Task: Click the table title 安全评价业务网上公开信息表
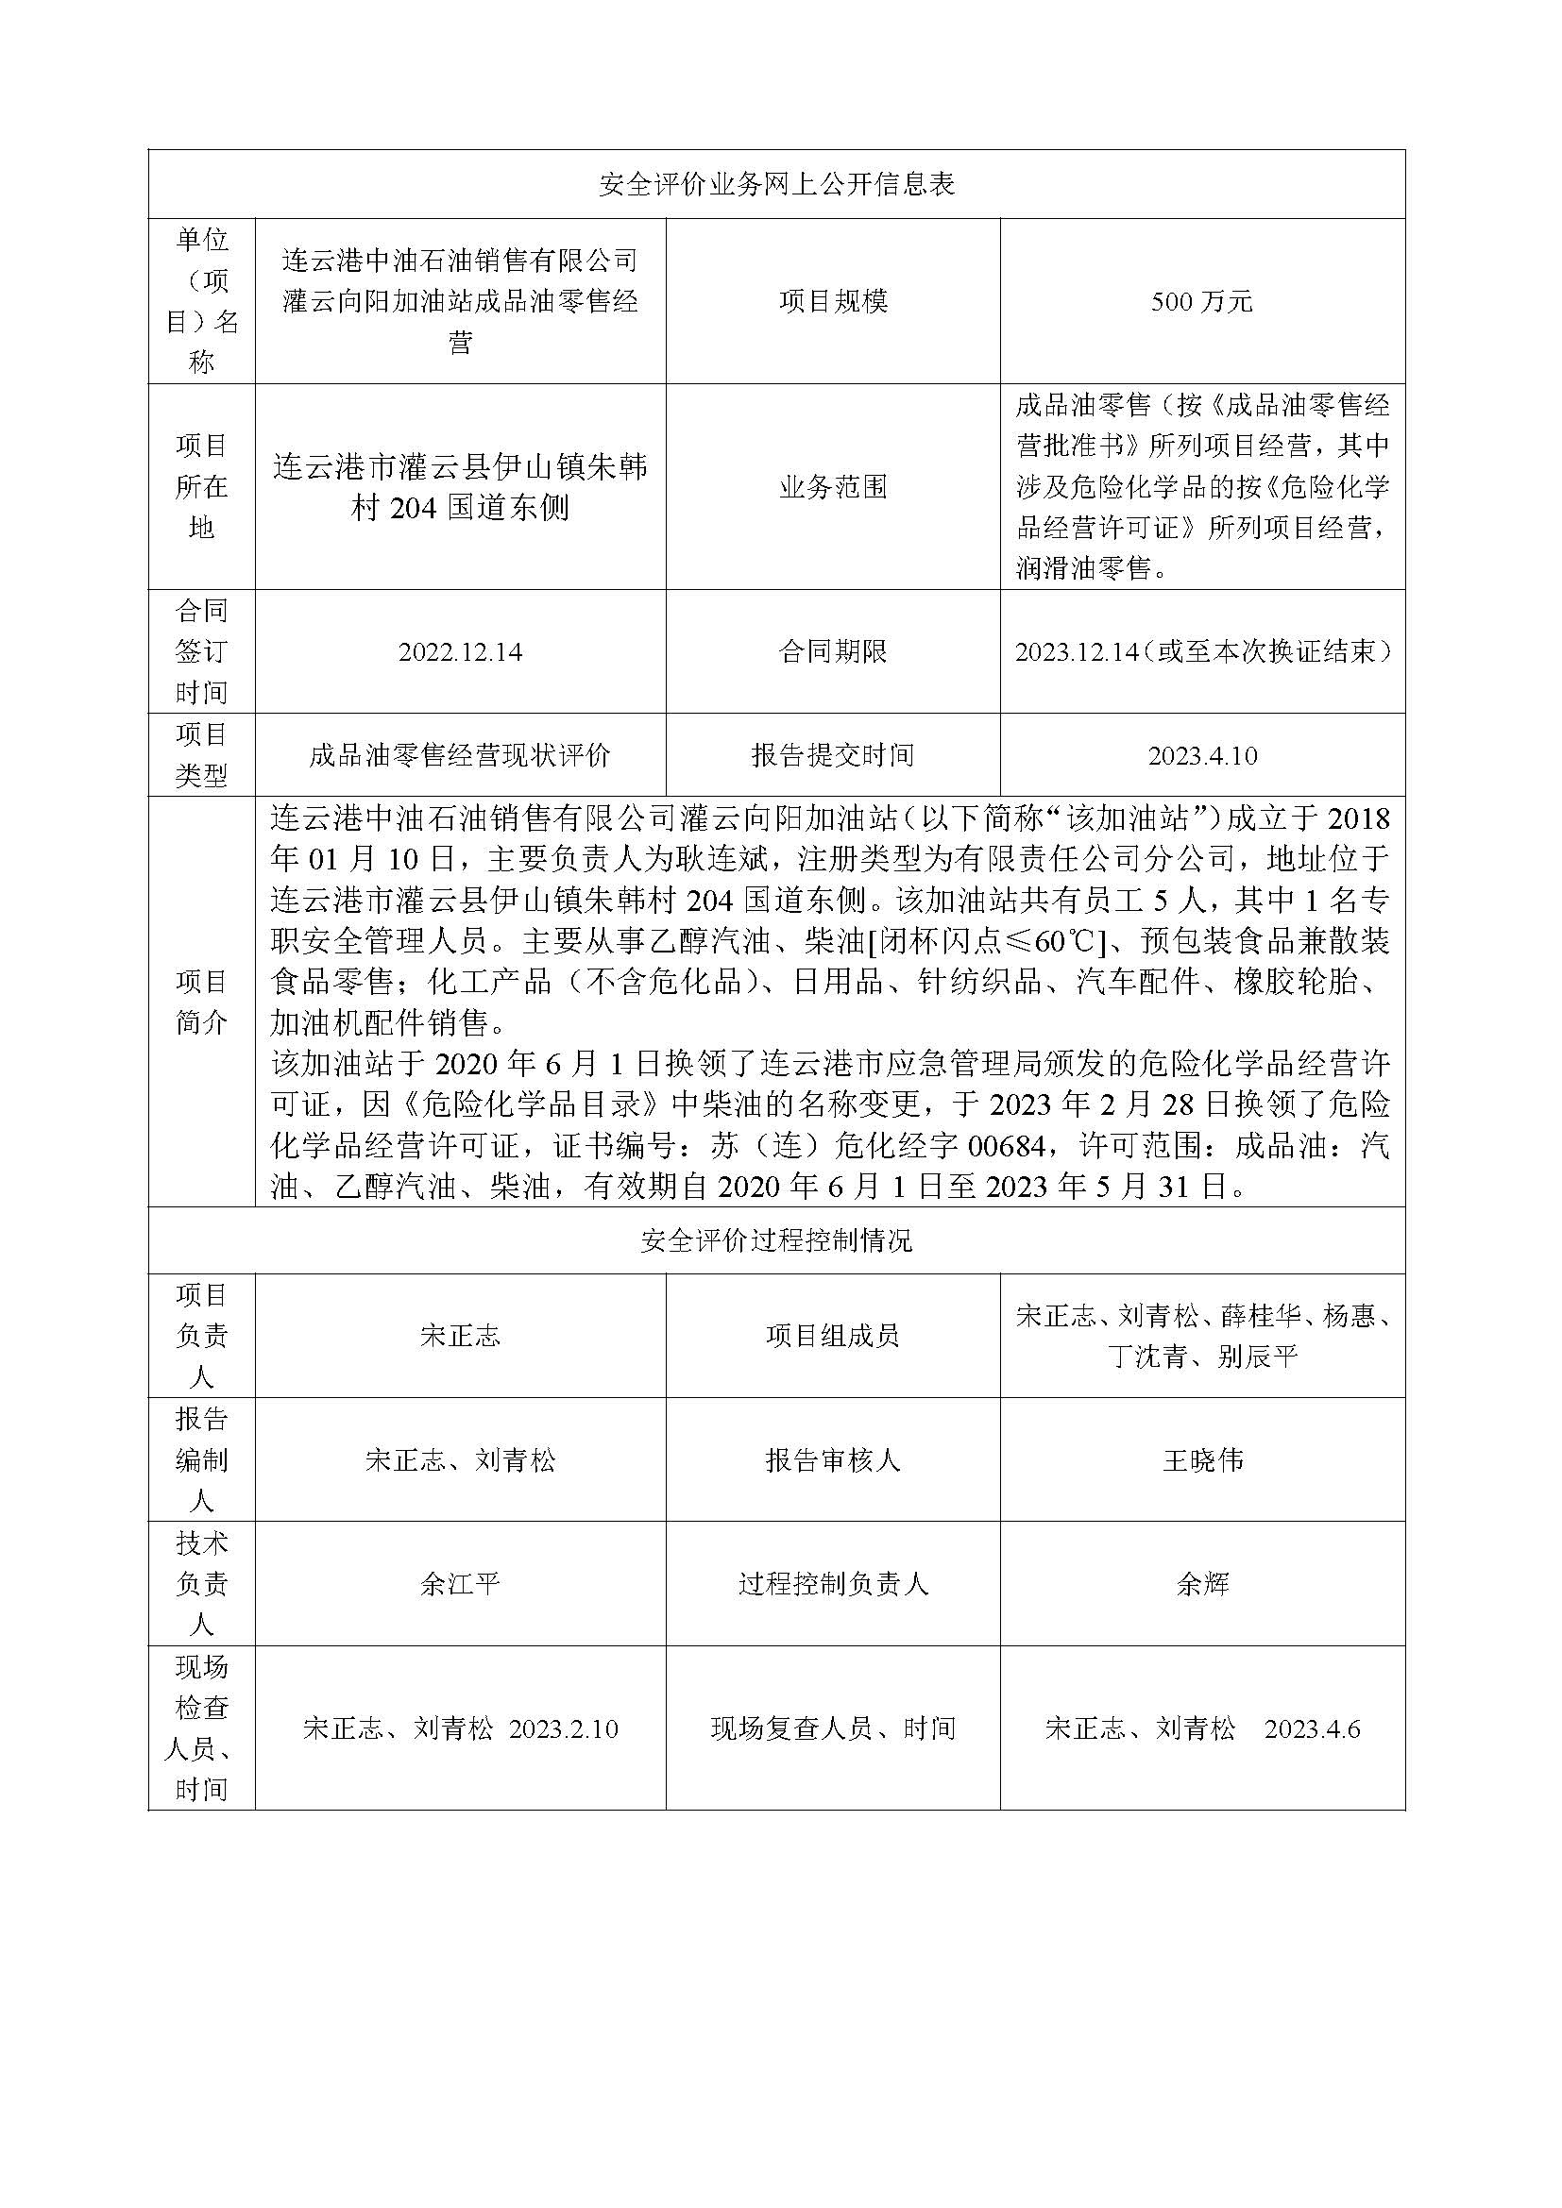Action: (x=776, y=184)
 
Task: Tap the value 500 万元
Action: (x=1201, y=302)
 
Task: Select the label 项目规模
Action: (x=833, y=302)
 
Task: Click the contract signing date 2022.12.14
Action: (x=460, y=652)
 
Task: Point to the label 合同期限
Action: (x=833, y=652)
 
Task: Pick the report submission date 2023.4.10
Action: (x=1202, y=756)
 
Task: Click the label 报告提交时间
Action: (x=833, y=756)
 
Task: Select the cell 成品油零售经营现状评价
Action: (x=460, y=756)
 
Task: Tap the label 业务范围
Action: (x=833, y=487)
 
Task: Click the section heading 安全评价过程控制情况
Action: (x=776, y=1241)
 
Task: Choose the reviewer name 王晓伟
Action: (x=1202, y=1460)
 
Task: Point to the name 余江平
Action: (x=460, y=1584)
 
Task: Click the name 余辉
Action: (x=1202, y=1584)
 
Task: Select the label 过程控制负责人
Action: (x=833, y=1584)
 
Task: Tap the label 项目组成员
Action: (x=833, y=1336)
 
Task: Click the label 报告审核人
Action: (x=833, y=1460)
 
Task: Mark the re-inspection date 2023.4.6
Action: (x=1312, y=1729)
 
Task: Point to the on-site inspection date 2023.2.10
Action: (x=563, y=1729)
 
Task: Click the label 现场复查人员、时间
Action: (x=833, y=1729)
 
